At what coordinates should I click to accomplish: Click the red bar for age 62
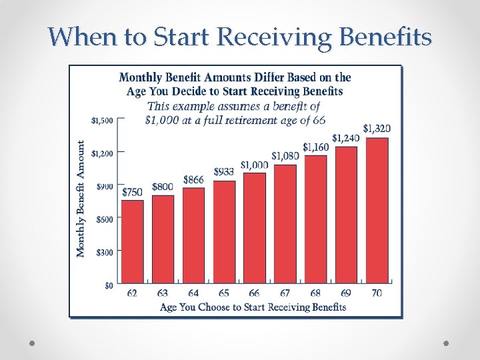(132, 241)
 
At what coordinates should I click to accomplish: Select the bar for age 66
(254, 227)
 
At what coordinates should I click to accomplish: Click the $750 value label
(132, 192)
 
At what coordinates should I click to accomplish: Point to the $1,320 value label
(377, 128)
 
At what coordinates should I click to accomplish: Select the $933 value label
(224, 172)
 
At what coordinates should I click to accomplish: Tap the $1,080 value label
(285, 156)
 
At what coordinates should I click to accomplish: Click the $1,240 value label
(346, 137)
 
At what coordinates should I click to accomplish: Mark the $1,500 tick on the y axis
(102, 121)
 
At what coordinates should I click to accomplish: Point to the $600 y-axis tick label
(104, 219)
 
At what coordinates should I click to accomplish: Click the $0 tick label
(109, 285)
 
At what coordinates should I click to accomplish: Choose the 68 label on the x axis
(315, 293)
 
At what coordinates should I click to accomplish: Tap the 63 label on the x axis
(163, 293)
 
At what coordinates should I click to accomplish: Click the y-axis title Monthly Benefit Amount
(81, 199)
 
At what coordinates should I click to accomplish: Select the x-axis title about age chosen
(253, 307)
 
